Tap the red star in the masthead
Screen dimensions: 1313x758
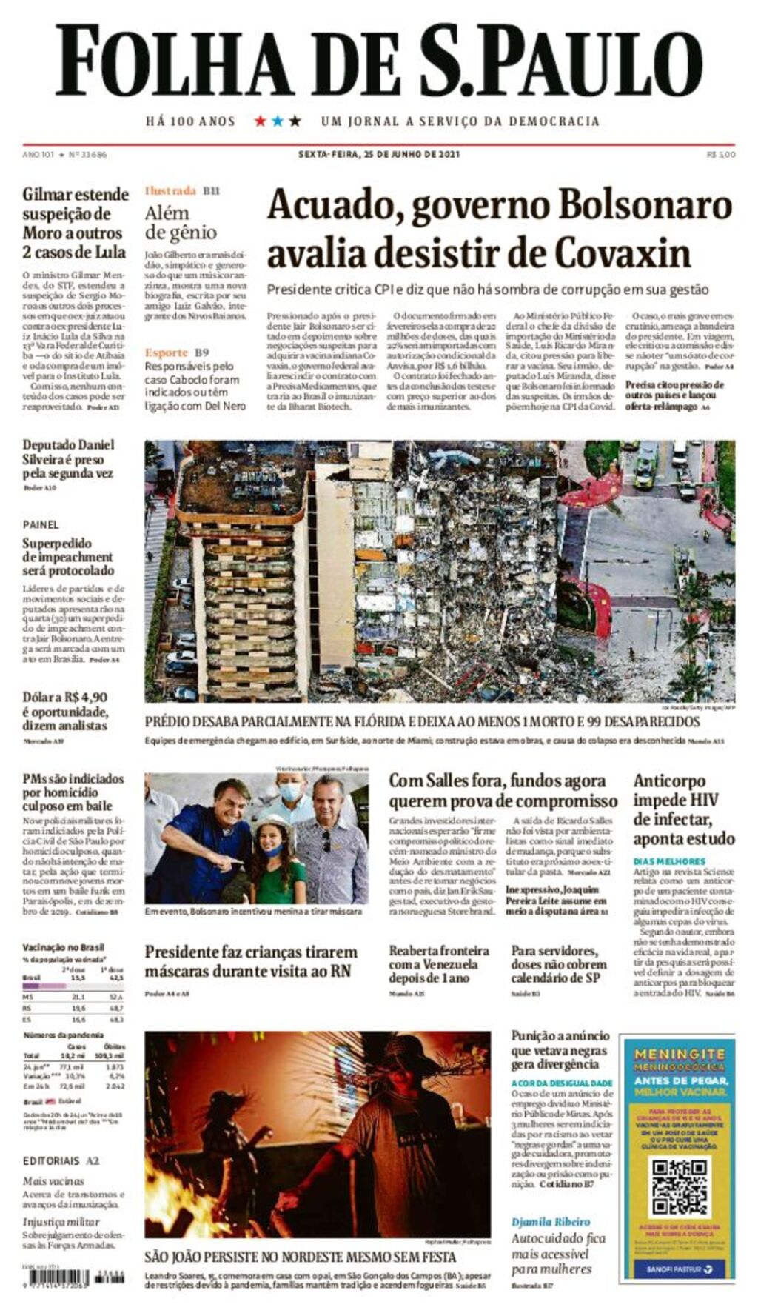pos(260,121)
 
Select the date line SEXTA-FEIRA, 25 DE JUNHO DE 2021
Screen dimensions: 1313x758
pos(379,154)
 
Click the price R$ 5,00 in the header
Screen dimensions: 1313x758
pos(720,154)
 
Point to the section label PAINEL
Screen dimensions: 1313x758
pos(41,524)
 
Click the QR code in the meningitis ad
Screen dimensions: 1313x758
pos(679,1187)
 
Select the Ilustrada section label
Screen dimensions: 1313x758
pos(170,190)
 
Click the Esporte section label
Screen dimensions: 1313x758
pos(167,353)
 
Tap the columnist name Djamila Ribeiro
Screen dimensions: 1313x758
pos(551,1221)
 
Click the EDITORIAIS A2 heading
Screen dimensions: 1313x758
pos(61,1160)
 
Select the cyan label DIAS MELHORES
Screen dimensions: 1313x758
pos(669,861)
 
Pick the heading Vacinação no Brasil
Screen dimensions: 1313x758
pos(63,947)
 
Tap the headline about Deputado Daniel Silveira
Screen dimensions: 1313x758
pos(68,458)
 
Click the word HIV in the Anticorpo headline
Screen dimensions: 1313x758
pos(704,800)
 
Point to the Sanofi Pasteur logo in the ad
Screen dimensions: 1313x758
pos(679,1269)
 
